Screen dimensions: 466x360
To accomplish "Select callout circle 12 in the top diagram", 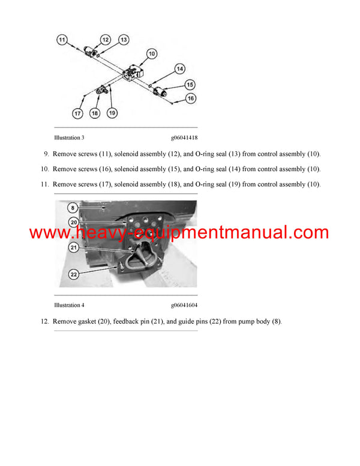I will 105,40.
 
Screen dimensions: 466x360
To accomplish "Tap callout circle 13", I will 123,40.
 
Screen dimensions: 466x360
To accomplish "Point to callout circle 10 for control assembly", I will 152,54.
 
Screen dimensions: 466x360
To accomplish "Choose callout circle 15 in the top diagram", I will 190,84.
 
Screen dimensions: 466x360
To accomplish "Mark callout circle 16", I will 191,98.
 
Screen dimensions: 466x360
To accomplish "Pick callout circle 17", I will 77,113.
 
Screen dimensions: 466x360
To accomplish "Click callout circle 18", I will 95,113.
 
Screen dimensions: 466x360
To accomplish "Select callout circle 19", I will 112,113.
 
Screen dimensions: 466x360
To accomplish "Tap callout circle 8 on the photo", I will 73,208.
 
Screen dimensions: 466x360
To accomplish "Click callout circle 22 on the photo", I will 73,274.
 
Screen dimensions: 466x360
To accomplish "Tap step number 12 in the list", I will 44,321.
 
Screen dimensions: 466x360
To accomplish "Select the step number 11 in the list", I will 44,184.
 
